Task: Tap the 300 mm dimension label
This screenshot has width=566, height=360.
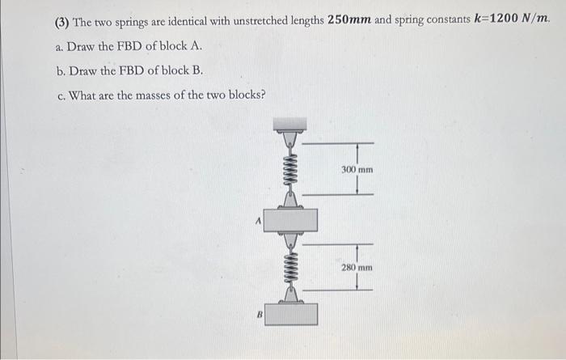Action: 357,171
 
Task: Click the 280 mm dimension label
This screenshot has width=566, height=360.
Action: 357,266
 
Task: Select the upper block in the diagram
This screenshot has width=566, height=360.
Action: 290,219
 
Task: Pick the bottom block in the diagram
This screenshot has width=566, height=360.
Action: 290,314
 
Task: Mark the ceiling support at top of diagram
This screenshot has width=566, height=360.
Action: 290,124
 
